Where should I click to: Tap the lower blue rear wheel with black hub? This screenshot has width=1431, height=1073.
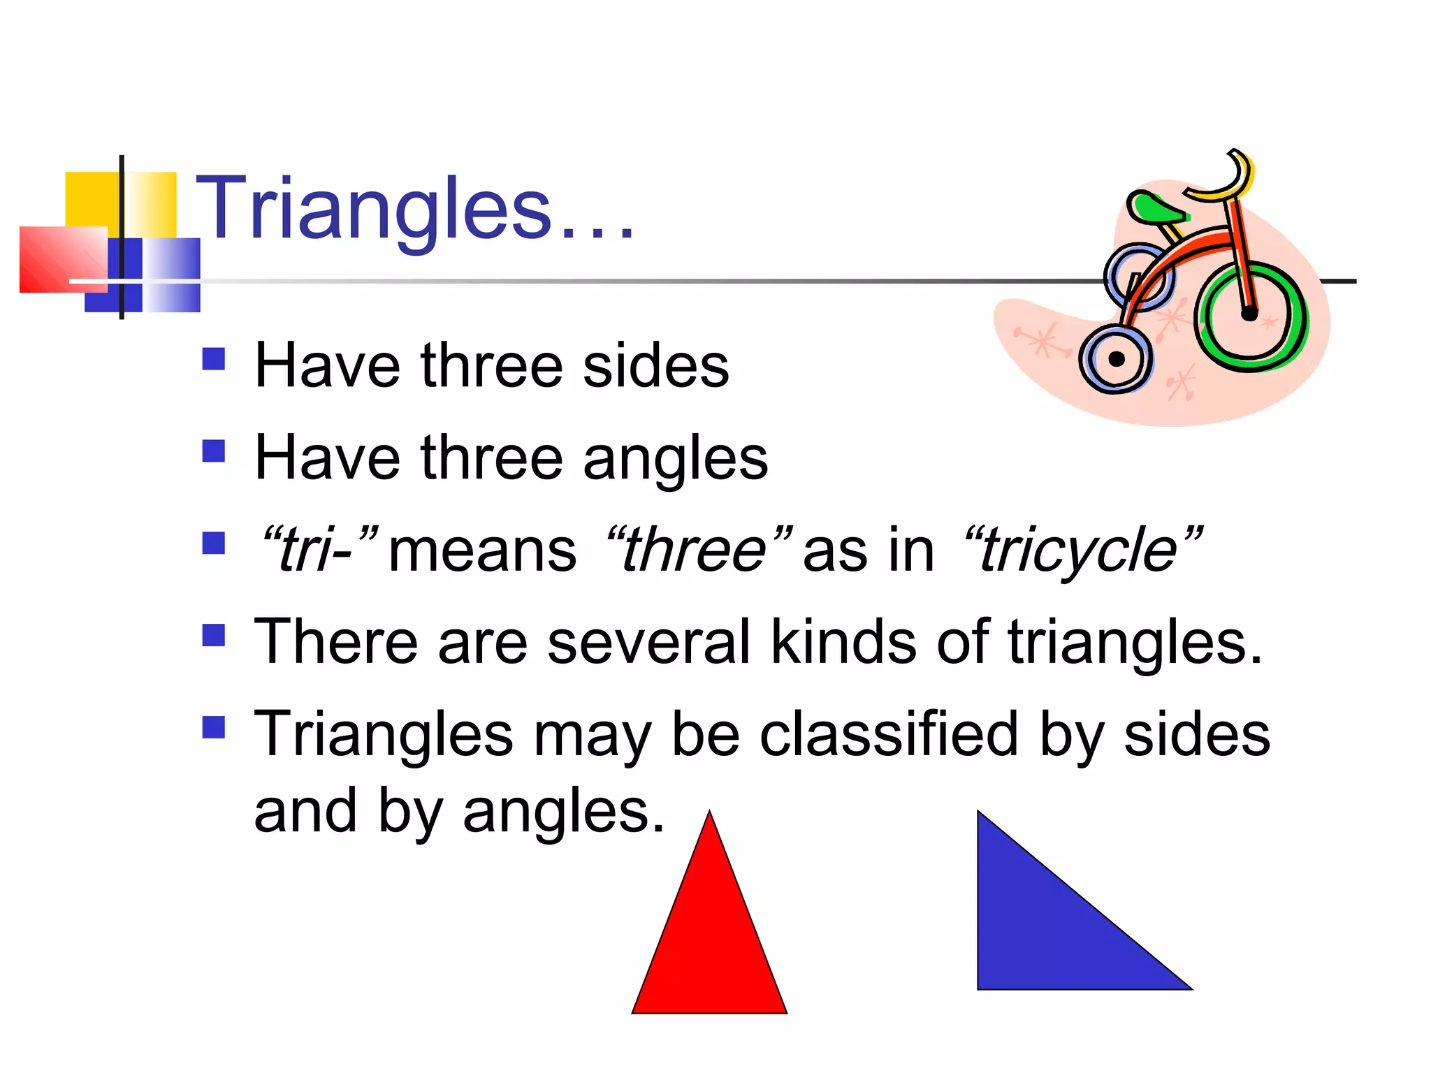(1116, 359)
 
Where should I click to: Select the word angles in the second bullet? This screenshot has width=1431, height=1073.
(675, 460)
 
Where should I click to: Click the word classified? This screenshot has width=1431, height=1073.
(889, 735)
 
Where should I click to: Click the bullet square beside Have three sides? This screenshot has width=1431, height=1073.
(214, 359)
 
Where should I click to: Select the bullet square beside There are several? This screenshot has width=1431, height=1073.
(214, 636)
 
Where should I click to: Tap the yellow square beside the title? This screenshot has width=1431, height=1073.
(91, 199)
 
